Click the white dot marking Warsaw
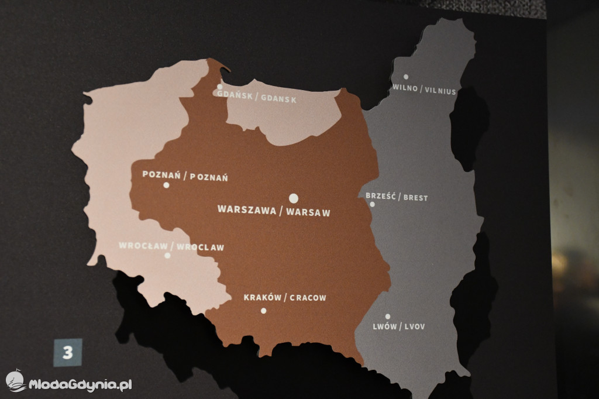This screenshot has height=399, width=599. coord(294,198)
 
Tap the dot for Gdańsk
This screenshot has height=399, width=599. coord(220,87)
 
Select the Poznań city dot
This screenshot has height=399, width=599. coord(166,185)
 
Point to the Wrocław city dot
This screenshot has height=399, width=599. coord(167,255)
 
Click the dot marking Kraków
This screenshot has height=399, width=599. coord(263,311)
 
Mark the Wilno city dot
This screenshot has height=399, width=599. coord(405,77)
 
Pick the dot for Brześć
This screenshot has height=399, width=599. coord(372,204)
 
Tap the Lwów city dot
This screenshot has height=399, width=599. coord(387,317)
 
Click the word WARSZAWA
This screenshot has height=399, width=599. coord(246,210)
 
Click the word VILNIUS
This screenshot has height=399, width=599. coord(440,91)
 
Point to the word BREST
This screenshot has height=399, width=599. coord(415,198)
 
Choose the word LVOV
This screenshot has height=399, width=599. coord(414,326)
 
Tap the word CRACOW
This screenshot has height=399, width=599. coord(308,298)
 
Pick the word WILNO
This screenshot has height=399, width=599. coord(405,89)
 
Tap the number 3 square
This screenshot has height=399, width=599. coord(68,353)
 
